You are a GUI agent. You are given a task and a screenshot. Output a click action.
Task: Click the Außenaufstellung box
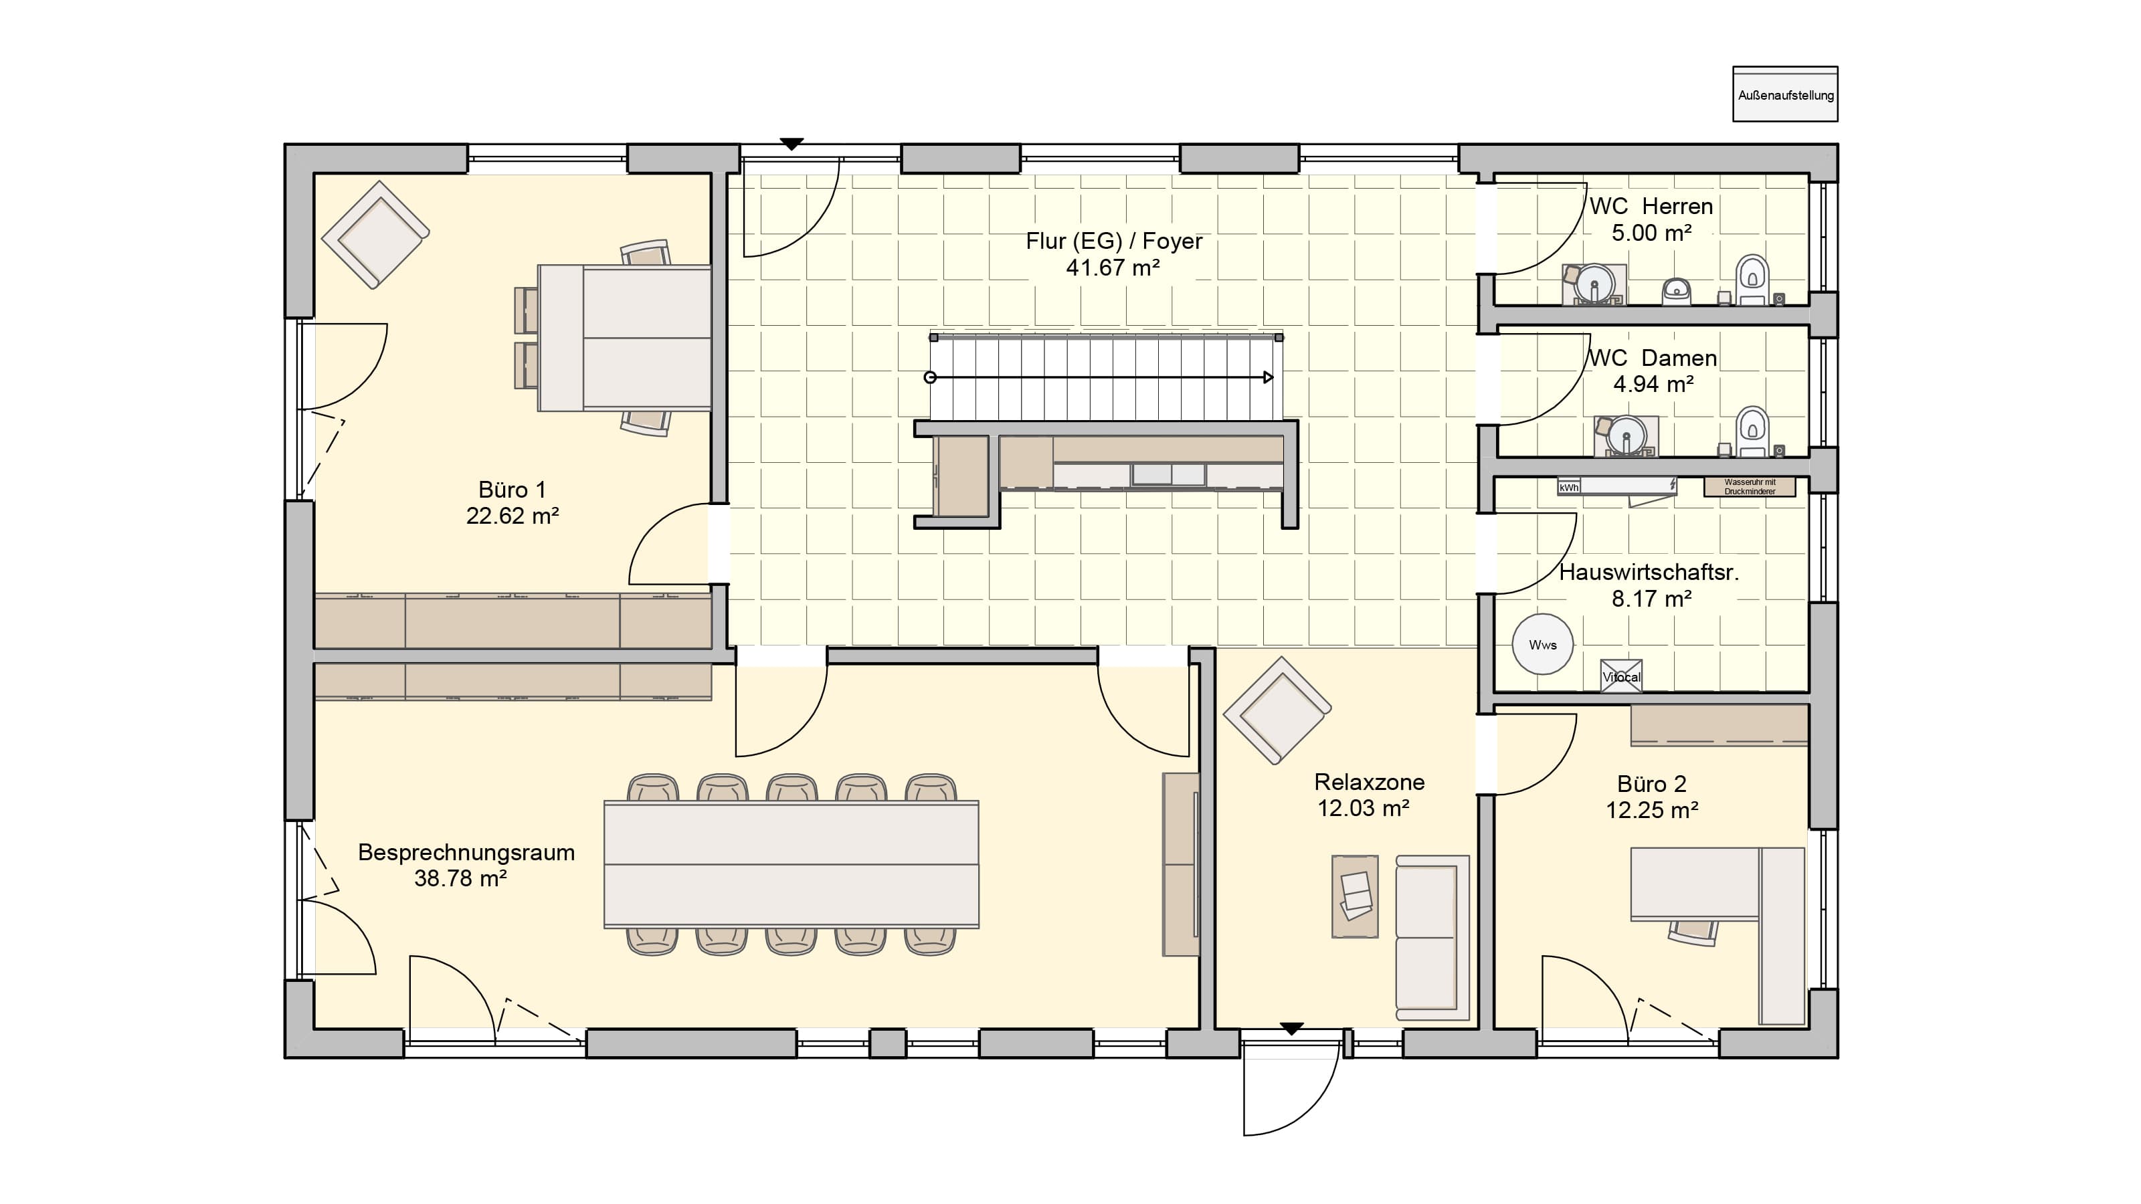click(1784, 94)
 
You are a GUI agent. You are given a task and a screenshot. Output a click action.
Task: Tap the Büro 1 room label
click(512, 490)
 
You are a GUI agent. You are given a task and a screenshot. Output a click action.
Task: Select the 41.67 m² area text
click(1113, 268)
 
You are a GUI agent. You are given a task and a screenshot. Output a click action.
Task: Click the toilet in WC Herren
click(1752, 280)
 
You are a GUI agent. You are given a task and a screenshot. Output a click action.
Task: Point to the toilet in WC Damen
click(1752, 431)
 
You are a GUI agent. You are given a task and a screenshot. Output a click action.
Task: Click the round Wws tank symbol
click(1543, 645)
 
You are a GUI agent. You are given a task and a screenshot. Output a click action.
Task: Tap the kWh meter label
click(1568, 488)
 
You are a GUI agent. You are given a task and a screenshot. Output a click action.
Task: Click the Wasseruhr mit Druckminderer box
click(1750, 487)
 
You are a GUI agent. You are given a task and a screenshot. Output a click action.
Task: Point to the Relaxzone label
click(1369, 782)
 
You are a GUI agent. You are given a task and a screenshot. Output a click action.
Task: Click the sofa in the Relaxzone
click(1432, 937)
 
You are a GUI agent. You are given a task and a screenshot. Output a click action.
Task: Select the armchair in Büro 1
click(375, 235)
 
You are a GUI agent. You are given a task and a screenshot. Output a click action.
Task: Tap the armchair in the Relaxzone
click(1277, 710)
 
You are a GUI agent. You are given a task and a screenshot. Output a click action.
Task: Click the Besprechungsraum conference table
click(792, 864)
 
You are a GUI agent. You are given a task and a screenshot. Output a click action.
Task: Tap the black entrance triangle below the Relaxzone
click(1291, 1029)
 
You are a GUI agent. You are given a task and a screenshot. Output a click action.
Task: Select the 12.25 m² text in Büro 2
click(1651, 810)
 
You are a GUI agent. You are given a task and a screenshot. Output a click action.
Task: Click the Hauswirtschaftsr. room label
click(1649, 572)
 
